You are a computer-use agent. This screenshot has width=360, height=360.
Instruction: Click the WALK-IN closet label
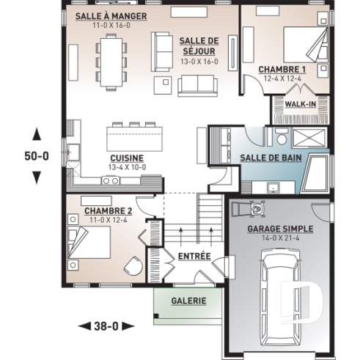tap(300, 104)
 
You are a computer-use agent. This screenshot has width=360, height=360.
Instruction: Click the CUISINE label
tap(126, 158)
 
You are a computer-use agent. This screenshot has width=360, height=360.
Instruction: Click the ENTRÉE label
tap(194, 257)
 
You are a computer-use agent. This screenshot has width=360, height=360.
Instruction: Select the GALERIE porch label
tap(188, 301)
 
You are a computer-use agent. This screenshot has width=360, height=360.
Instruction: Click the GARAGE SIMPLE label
tap(280, 229)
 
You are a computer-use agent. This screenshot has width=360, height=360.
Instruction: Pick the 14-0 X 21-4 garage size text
tap(280, 238)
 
